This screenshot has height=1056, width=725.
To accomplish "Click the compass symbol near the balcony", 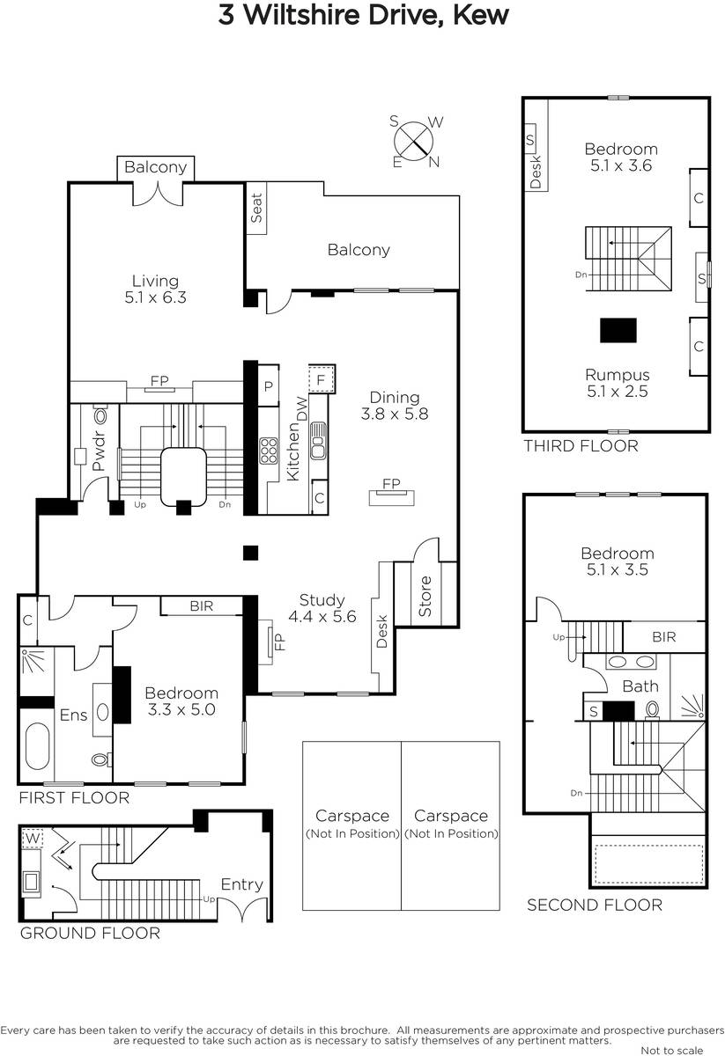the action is [413, 141].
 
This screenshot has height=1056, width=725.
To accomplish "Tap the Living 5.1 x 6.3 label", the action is [155, 289].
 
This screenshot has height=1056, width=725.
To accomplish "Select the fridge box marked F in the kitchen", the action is [322, 378].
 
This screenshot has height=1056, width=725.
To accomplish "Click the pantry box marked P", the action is [268, 386].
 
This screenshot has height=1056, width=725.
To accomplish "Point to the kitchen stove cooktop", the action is [269, 451].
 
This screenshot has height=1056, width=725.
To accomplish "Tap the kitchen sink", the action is [318, 440].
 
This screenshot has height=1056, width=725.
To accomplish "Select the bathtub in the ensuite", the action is [37, 746].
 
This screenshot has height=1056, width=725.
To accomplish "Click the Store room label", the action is [425, 596].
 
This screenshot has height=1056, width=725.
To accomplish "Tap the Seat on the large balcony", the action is [256, 208].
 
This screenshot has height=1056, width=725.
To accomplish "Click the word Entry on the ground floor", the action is [241, 884].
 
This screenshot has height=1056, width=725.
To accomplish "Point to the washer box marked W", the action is [33, 839].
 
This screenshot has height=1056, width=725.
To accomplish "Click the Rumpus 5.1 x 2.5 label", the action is [618, 383].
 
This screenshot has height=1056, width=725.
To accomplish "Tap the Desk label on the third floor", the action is [536, 172].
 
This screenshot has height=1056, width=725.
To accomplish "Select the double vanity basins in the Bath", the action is [631, 662].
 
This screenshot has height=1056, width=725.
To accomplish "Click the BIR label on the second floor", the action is [663, 637].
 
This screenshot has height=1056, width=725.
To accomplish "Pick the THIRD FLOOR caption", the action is [581, 445].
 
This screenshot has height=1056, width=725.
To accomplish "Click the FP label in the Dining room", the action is [391, 483].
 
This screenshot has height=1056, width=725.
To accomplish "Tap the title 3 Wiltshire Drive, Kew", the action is [364, 15].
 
